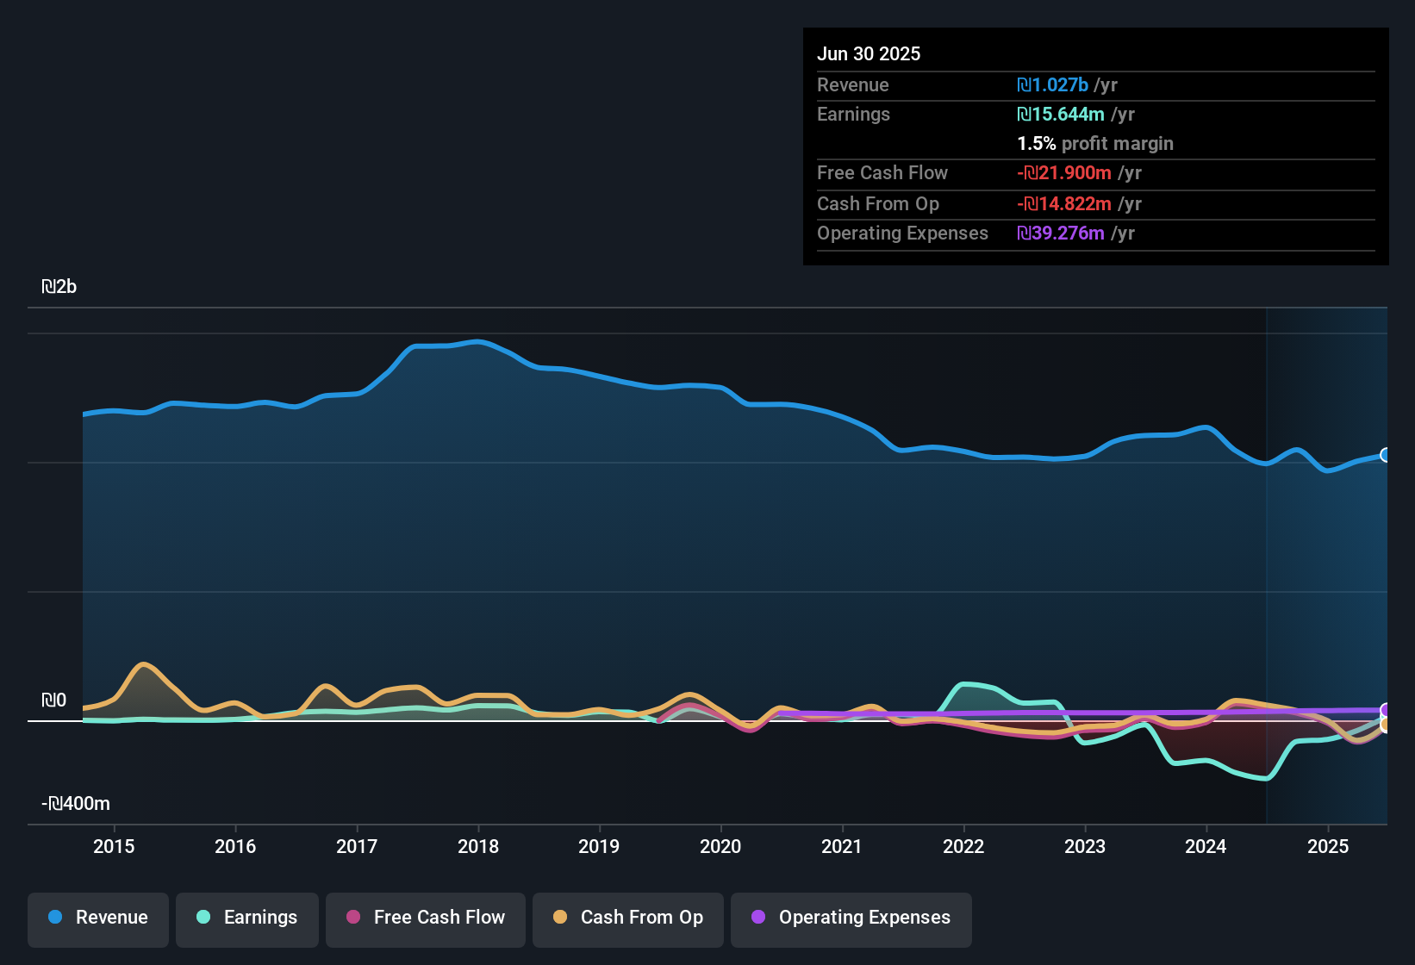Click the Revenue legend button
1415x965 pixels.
pos(98,918)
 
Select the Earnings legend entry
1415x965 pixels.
pos(247,918)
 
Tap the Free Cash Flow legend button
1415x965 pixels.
pos(426,918)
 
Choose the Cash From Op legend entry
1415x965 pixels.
pos(628,918)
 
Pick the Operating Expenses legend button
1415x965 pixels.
pos(851,918)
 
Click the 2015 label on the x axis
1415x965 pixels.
pos(114,847)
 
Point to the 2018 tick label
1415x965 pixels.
pos(478,847)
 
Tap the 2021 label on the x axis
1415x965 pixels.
pos(842,847)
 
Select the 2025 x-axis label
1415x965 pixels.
pos(1328,847)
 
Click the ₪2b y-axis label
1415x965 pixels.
pos(59,287)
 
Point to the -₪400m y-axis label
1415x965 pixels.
pos(76,804)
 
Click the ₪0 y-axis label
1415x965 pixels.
pos(53,700)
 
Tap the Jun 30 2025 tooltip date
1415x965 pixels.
pos(869,54)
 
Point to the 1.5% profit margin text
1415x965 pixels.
pos(1095,144)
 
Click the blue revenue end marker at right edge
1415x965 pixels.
pos(1386,455)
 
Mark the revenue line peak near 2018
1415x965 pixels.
pos(479,342)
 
